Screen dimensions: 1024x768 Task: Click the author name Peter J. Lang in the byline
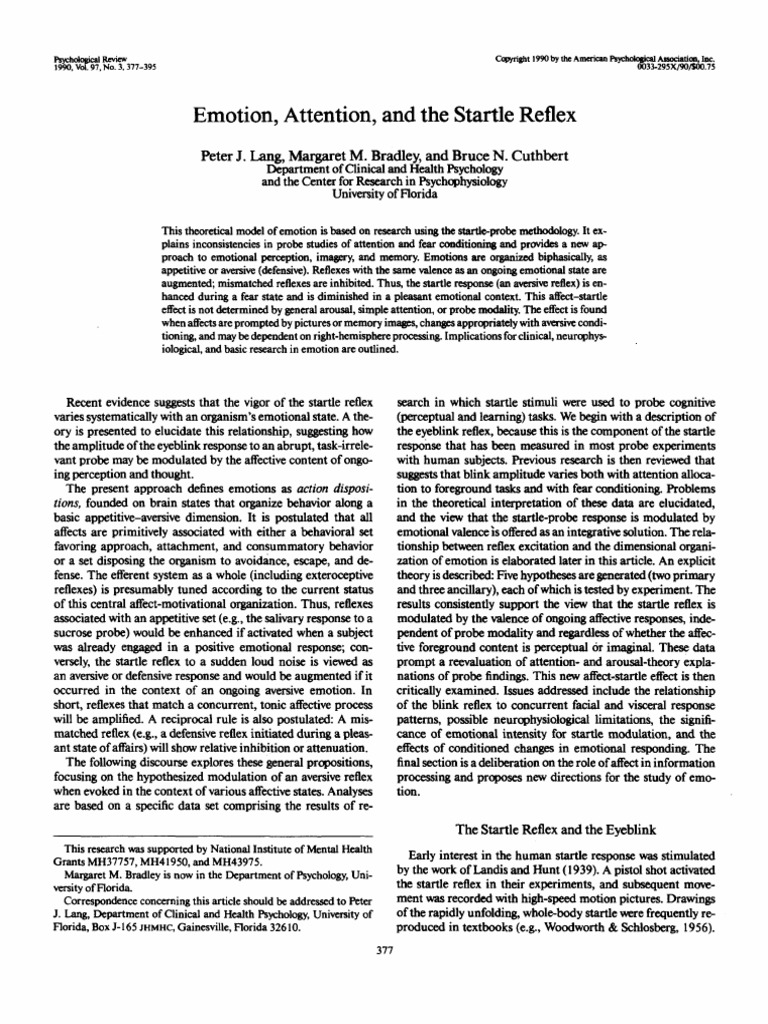pos(240,159)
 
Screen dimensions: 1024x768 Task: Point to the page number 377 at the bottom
pos(383,950)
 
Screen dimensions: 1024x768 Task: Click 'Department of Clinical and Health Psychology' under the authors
pos(383,172)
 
